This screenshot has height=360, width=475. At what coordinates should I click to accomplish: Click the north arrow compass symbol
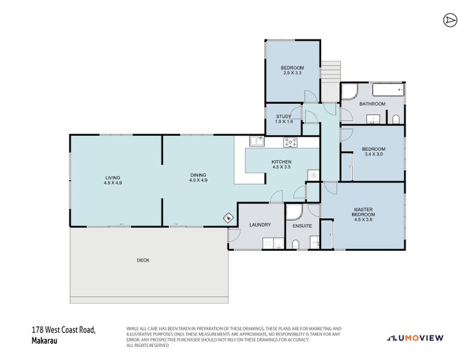(450, 20)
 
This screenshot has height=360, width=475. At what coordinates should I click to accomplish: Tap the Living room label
(113, 180)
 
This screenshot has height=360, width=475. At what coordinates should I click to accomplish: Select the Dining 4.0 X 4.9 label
(198, 178)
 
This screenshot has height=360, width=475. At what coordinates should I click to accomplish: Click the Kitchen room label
(282, 164)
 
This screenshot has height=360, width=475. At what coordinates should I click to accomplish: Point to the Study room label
(284, 119)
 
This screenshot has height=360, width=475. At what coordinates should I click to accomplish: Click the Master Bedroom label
(363, 214)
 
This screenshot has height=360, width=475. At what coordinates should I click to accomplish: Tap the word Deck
(143, 260)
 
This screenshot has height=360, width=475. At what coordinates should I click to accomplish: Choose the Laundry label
(260, 224)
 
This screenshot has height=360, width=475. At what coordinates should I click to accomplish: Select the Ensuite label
(302, 226)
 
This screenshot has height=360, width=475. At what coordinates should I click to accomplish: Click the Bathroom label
(372, 104)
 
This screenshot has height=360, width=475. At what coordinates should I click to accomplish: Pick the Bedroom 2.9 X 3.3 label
(292, 70)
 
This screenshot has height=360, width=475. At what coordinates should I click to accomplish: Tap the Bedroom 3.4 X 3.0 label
(374, 151)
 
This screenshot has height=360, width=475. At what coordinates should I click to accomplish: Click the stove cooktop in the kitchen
(291, 142)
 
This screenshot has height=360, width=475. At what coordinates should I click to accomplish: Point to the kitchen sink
(257, 142)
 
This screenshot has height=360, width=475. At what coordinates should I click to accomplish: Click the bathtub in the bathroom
(389, 89)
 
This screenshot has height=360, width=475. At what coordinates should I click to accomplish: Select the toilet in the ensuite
(296, 244)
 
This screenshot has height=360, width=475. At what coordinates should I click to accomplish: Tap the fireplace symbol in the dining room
(229, 218)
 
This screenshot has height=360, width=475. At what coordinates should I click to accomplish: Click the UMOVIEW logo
(415, 338)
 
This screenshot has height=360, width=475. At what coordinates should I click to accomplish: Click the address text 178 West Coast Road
(64, 329)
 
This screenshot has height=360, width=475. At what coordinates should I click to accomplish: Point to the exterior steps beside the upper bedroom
(331, 81)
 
